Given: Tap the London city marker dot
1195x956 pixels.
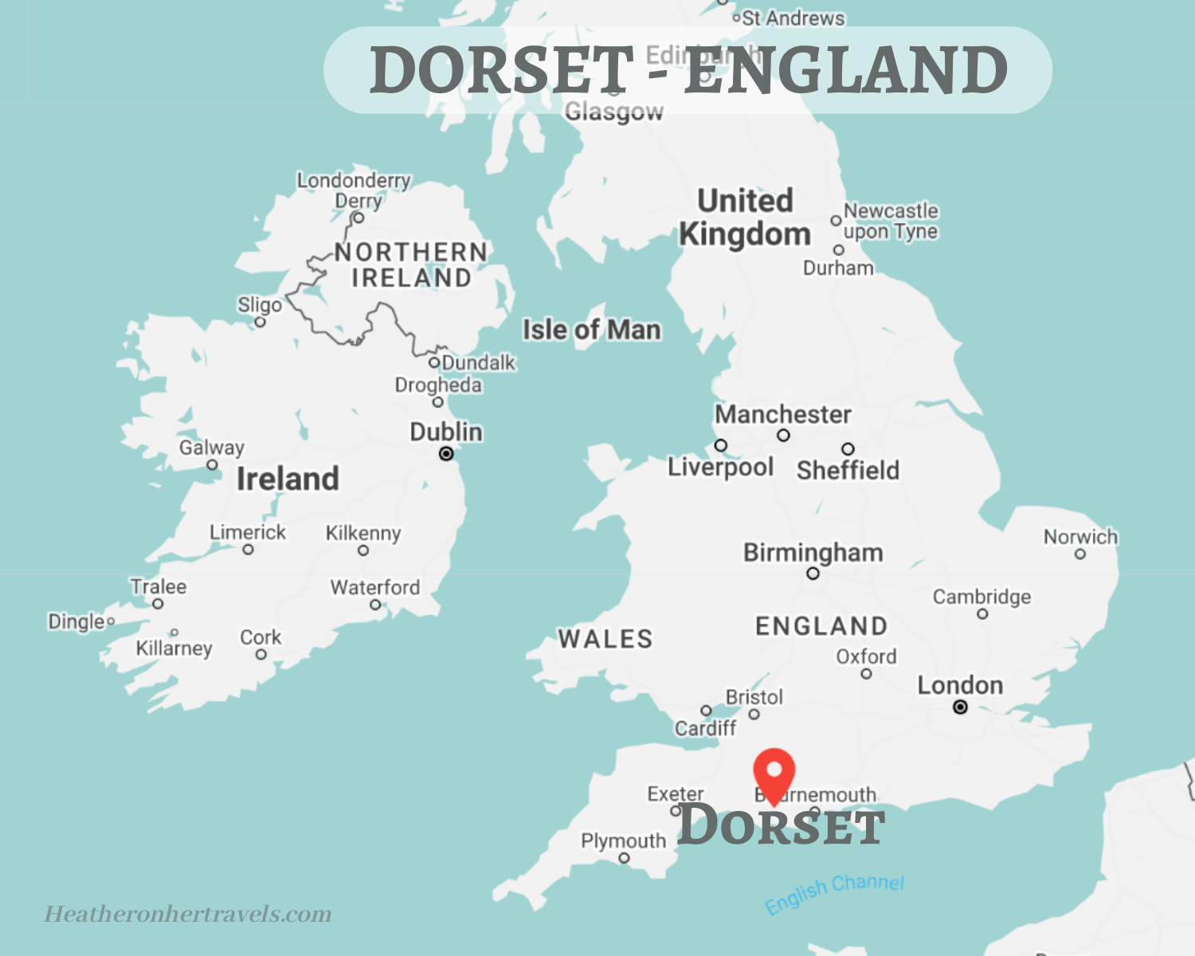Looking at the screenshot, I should coord(961,707).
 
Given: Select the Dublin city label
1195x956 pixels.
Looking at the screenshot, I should coord(446,432).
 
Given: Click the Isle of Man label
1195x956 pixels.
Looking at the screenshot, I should coord(592,330).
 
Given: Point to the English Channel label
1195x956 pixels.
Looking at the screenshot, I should coord(834,892).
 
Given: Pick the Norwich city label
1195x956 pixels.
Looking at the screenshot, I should coord(1080,537).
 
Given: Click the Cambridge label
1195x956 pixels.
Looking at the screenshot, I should coord(981,597).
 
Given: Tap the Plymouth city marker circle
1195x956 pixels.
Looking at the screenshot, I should coord(625,858).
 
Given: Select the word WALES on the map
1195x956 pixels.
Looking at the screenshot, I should coord(605,639).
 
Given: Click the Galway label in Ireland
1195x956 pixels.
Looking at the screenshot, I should coord(211,448).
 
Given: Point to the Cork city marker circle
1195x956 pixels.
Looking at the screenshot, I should coord(261,655).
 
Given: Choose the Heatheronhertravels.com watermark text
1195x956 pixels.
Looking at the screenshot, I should coord(188,914).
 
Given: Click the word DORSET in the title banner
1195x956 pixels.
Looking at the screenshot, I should coord(501,70).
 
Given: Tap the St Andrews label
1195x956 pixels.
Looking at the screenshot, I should coord(793,18).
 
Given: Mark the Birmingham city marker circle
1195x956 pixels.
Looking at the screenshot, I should coord(813,574).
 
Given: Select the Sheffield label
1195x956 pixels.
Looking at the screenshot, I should coord(848,470).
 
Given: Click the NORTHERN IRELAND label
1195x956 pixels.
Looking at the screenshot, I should coord(411,264).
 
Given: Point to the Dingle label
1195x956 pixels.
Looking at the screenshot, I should coord(76,621).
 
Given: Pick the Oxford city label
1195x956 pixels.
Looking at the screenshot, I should coord(866,656).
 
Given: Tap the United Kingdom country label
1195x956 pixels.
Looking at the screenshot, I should coord(745,217).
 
